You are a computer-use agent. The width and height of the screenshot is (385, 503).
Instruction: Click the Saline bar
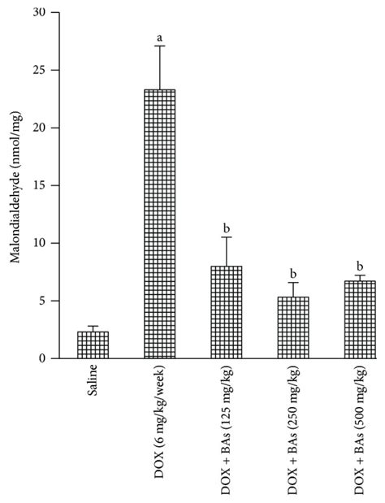coord(93,345)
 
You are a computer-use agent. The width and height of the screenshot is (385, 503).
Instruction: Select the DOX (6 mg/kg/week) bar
coord(159,223)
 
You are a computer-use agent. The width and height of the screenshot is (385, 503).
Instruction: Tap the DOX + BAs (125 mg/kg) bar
coord(226,312)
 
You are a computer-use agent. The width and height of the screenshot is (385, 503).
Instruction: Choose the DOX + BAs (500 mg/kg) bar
coord(359,319)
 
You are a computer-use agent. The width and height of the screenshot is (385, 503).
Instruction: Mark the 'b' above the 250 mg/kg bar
coord(292,273)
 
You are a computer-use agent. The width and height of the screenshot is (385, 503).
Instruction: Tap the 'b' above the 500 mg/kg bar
coord(359,266)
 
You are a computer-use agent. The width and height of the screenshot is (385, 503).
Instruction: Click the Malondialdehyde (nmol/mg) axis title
coord(15,185)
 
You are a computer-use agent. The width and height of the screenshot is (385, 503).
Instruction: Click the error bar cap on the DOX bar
coord(159,46)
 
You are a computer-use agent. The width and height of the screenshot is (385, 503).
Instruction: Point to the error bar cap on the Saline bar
coord(93,326)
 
